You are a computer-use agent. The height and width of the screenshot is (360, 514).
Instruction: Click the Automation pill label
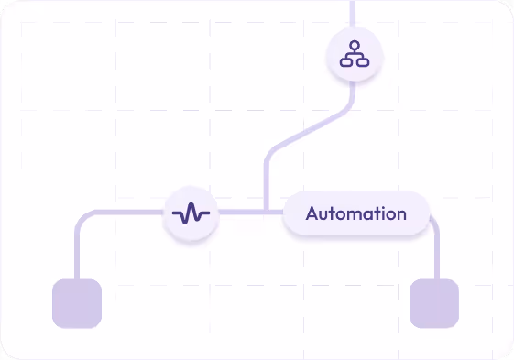click(356, 214)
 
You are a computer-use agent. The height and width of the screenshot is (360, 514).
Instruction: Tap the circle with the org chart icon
click(354, 57)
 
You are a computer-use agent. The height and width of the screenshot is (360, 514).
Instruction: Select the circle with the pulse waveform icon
click(191, 214)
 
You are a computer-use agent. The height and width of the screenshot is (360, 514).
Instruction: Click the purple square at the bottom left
click(77, 303)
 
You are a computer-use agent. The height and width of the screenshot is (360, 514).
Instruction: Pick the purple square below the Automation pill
click(433, 303)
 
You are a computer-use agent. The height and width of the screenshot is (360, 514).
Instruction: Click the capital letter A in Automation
click(312, 214)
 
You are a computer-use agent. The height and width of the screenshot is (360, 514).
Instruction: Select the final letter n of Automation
click(400, 215)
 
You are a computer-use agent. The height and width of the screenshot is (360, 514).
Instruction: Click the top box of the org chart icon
click(354, 47)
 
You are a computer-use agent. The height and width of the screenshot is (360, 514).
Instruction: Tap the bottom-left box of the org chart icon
click(346, 62)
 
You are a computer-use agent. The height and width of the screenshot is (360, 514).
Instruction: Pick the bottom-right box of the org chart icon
click(361, 62)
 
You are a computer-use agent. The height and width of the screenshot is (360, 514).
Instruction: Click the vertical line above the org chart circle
click(353, 14)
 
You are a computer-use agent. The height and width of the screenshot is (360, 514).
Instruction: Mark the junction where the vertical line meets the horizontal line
click(267, 213)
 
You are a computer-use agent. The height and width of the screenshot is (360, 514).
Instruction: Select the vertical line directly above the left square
click(77, 256)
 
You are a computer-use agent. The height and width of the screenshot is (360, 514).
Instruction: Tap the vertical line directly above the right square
click(435, 256)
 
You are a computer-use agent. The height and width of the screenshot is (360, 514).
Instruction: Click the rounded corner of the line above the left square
click(82, 217)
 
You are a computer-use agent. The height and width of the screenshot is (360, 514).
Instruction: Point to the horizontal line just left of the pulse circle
click(128, 213)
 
